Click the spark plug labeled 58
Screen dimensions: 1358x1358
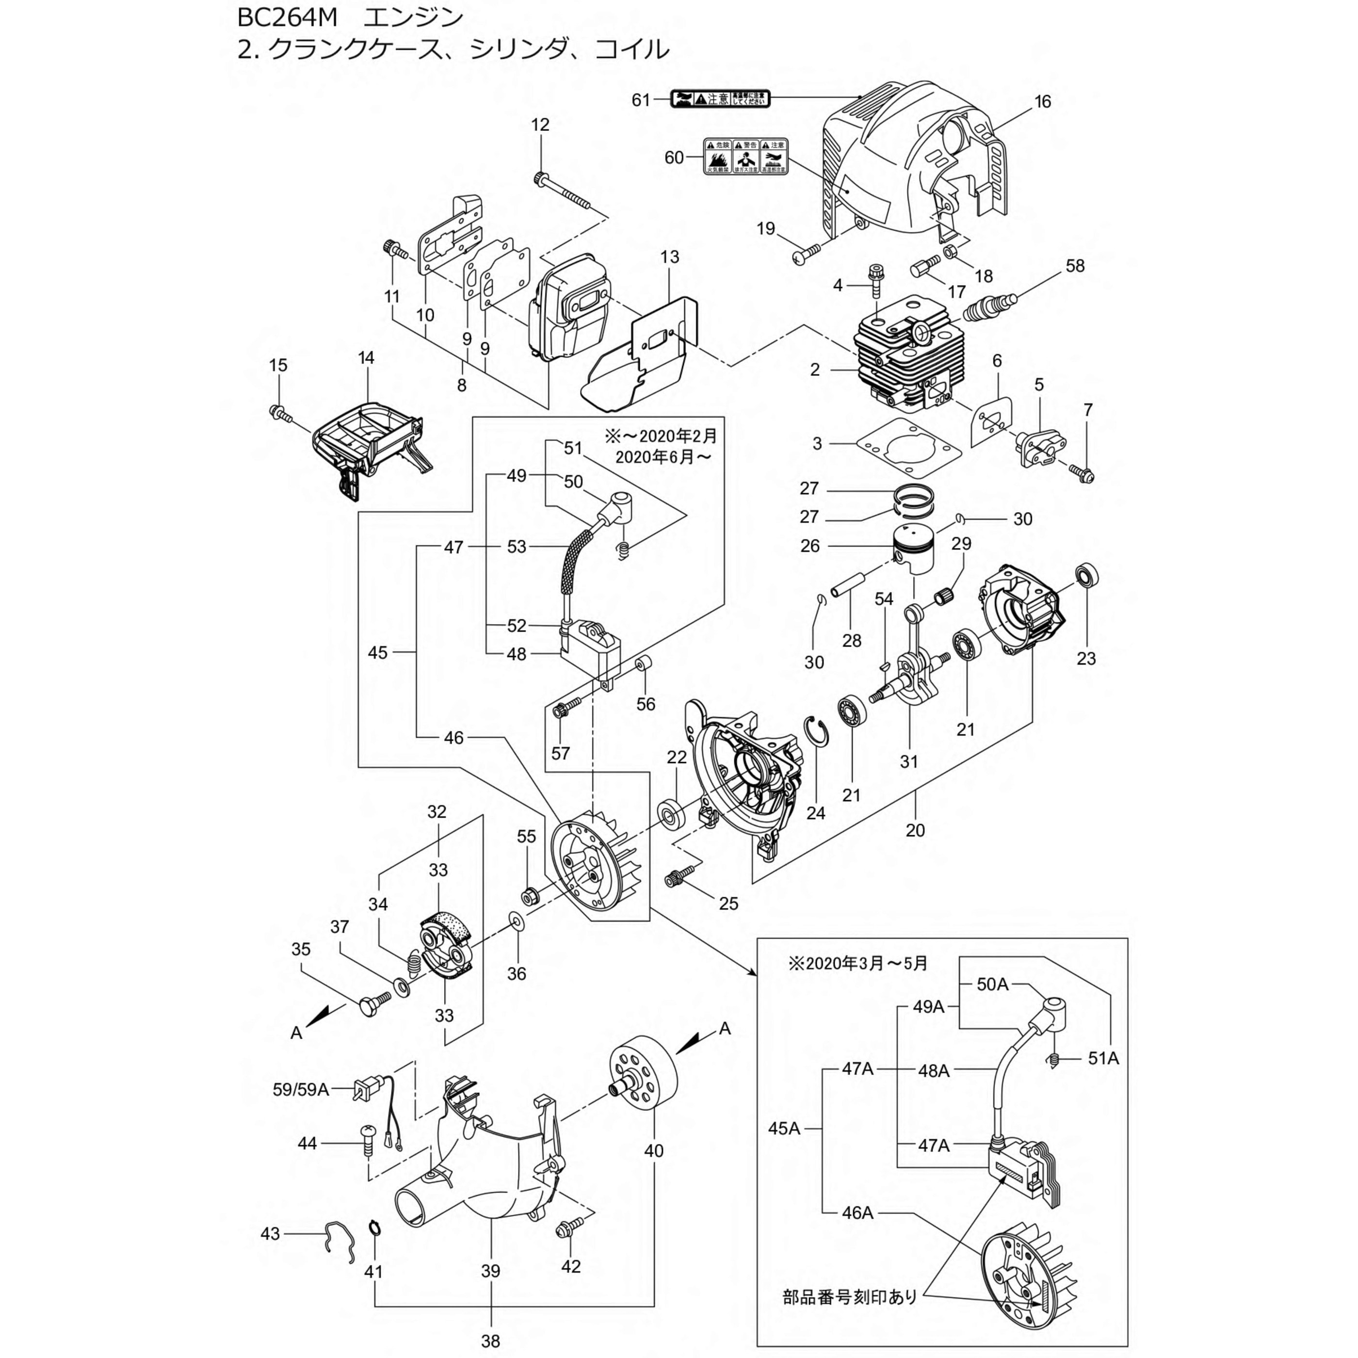[x=992, y=307]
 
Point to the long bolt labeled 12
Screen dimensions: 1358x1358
[x=563, y=189]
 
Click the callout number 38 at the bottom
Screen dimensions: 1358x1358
[x=491, y=1341]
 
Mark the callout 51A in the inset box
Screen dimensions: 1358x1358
[x=1103, y=1057]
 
